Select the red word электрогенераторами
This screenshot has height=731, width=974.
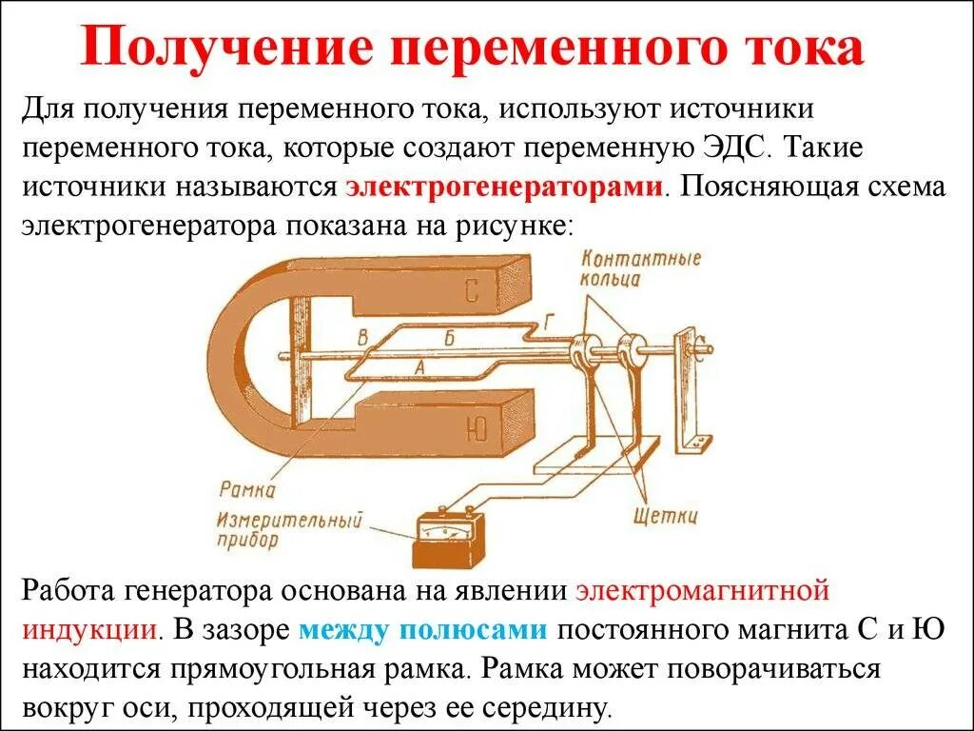[x=504, y=186]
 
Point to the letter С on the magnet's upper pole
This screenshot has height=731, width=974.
[x=473, y=291]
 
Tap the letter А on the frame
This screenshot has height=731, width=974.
[x=419, y=364]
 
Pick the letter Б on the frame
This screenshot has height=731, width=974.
[x=449, y=336]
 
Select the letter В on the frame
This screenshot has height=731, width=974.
[x=362, y=335]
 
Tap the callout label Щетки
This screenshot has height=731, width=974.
[x=665, y=517]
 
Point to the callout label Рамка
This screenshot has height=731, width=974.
[x=246, y=490]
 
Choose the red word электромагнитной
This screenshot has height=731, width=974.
[x=703, y=590]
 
